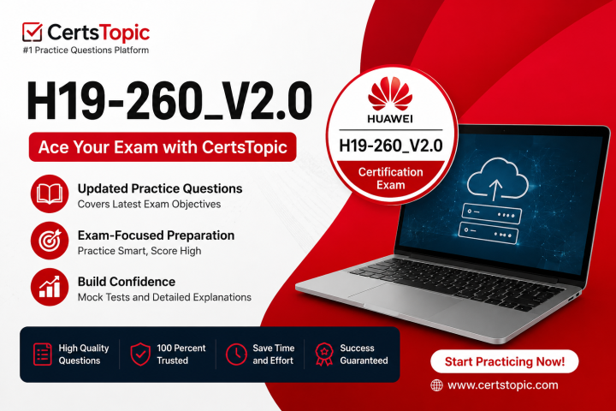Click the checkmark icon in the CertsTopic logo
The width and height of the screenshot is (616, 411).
coord(33,32)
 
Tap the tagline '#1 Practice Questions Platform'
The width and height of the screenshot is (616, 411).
coord(86,51)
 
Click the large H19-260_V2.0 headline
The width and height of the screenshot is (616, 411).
coord(169,101)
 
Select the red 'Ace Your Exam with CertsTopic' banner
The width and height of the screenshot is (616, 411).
coord(163,147)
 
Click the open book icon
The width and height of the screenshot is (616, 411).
coord(50,194)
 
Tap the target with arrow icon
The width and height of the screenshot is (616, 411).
coord(50,241)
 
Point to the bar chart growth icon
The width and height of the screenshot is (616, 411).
coord(50,287)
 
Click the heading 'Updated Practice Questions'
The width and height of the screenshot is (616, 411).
coord(160,188)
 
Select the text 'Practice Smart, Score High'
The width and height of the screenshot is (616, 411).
coord(139,251)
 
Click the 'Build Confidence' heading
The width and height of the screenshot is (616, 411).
coord(127,282)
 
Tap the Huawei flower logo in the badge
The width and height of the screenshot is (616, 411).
coord(390,93)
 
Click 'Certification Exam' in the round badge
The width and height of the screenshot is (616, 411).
coord(390,179)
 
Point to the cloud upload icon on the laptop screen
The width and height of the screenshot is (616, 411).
coord(498,178)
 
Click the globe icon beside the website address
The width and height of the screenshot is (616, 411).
coord(436,385)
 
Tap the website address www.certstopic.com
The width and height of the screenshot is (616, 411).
coord(503,385)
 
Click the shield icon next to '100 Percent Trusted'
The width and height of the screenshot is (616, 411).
coord(140,354)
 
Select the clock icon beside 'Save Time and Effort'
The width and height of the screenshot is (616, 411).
coord(236,354)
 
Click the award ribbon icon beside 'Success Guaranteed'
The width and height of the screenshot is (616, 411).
coord(324,354)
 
